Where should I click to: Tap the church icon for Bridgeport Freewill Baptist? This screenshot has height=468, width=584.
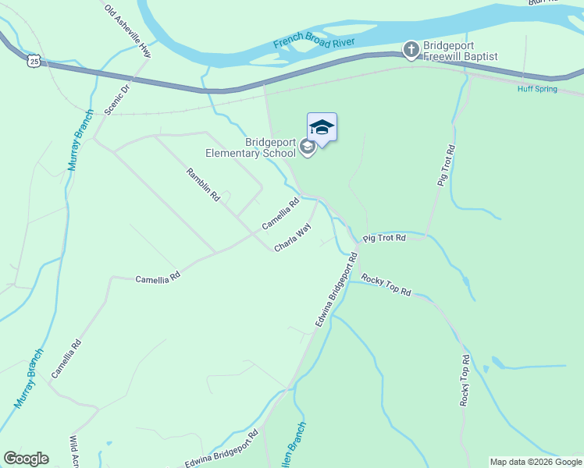click(x=411, y=51)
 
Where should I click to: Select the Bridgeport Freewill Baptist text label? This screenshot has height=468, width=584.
click(x=460, y=51)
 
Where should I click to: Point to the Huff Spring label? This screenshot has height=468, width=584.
click(x=537, y=89)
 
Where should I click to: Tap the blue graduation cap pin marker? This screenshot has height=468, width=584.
click(x=322, y=128)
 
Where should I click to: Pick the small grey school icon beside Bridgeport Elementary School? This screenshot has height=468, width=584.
click(x=308, y=147)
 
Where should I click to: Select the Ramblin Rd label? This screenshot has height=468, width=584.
click(x=203, y=186)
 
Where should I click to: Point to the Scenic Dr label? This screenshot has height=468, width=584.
click(x=119, y=100)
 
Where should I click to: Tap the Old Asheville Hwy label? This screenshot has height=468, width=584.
click(x=127, y=30)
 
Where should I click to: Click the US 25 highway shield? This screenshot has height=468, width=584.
click(x=32, y=60)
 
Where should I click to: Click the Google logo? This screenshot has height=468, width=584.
click(x=26, y=459)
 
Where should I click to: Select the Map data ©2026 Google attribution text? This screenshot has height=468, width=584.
click(x=536, y=462)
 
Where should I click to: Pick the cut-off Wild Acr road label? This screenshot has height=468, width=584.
click(x=75, y=451)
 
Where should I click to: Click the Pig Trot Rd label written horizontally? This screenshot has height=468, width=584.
click(x=385, y=237)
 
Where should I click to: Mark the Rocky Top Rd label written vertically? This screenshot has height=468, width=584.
click(x=465, y=381)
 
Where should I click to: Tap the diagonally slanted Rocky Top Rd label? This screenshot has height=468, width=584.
click(x=386, y=284)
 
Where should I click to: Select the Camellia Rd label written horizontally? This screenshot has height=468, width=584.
click(x=158, y=277)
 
